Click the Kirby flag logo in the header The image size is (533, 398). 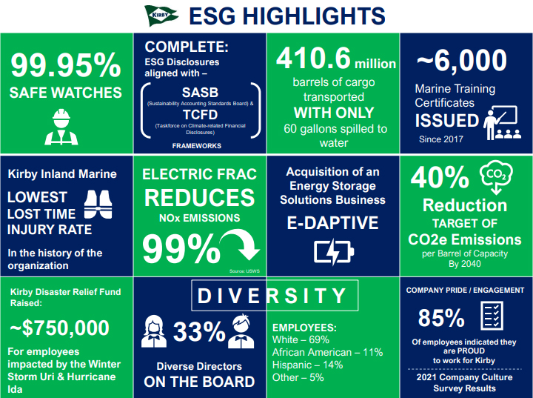click(161, 16)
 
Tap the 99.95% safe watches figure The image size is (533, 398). click(66, 64)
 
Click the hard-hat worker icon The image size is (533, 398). click(61, 127)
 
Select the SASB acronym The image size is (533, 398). click(200, 92)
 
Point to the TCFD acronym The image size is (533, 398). click(200, 115)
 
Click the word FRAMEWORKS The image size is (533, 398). click(196, 146)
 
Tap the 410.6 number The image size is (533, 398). click(313, 58)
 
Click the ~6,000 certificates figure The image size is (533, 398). click(462, 60)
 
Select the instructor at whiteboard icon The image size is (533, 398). click(502, 123)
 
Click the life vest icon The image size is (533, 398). click(98, 205)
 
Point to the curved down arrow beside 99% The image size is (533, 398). click(241, 244)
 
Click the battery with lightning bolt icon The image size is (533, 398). click(334, 252)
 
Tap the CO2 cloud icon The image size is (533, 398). click(496, 176)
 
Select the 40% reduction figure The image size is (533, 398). click(440, 177)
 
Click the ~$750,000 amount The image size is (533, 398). click(59, 328)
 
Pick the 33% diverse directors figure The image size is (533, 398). click(199, 331)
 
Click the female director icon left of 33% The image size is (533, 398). click(154, 331)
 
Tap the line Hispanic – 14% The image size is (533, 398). click(307, 365)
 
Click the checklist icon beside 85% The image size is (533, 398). click(492, 316)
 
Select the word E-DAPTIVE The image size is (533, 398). click(332, 223)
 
